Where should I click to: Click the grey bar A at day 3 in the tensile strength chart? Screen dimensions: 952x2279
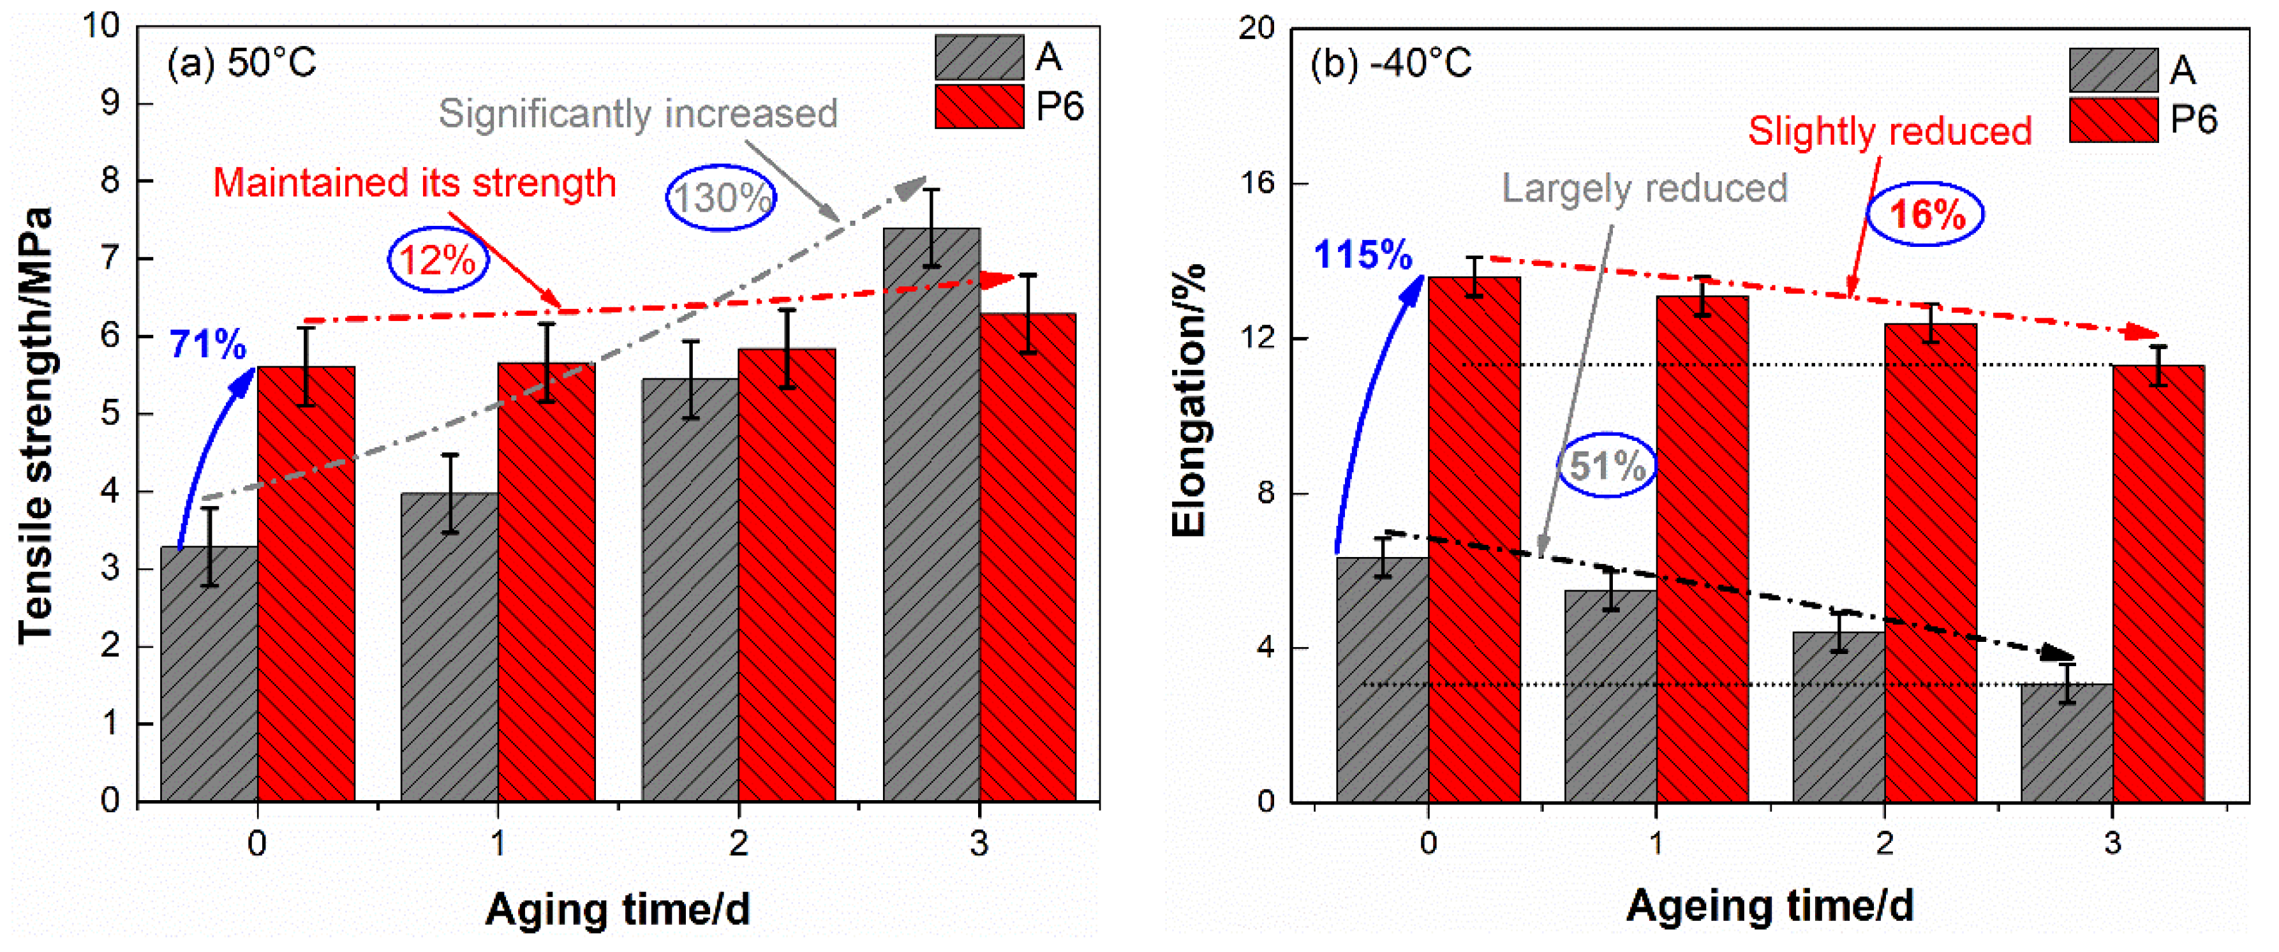tap(931, 531)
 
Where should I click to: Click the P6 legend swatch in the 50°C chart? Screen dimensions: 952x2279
tap(979, 107)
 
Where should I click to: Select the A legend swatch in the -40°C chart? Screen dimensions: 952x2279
tap(2112, 70)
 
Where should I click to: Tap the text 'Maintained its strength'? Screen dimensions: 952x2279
tap(414, 183)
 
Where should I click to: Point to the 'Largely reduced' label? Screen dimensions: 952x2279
tap(1644, 188)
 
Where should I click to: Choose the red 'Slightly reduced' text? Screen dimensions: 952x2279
tap(1889, 132)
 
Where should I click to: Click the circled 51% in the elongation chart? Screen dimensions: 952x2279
tap(1606, 465)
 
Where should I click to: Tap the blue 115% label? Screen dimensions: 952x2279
tap(1362, 256)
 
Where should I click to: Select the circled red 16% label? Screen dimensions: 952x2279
tap(1925, 214)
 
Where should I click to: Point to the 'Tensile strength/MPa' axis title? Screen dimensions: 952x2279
tap(35, 425)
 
